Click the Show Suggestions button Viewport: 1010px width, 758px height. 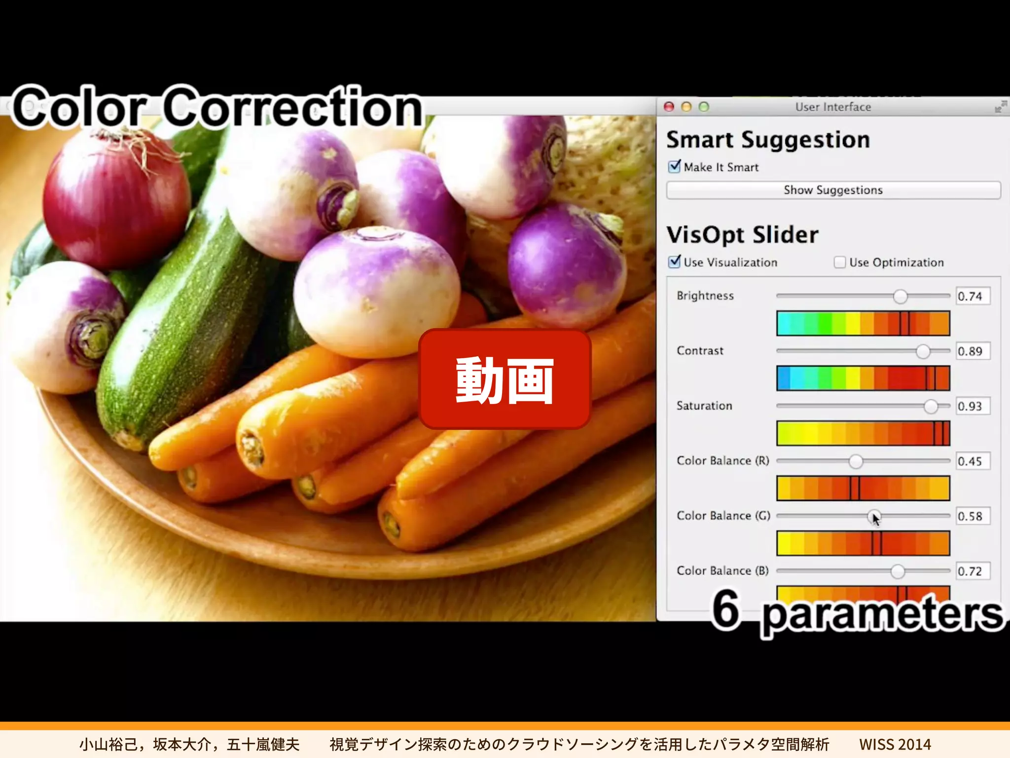833,190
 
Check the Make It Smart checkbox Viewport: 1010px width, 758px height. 674,167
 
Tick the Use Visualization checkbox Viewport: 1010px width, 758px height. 674,262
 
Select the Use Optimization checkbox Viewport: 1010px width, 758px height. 839,262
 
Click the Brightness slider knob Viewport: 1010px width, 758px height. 900,296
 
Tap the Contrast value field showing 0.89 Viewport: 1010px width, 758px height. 972,351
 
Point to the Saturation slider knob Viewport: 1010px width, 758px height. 931,406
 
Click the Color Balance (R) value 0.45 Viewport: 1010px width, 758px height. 972,461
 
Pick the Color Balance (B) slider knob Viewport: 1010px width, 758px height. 898,571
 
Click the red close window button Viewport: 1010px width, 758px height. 669,107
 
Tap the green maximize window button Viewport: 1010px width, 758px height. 704,107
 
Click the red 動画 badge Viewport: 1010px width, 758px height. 505,379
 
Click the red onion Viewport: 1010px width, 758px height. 116,197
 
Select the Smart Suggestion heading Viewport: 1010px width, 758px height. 768,140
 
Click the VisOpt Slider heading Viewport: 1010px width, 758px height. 742,235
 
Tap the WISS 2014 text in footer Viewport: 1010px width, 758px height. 895,744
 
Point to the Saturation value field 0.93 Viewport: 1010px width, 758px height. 972,407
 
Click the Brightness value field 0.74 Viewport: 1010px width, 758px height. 972,297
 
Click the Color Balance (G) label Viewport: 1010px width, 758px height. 723,516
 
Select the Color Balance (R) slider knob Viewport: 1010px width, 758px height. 856,461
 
